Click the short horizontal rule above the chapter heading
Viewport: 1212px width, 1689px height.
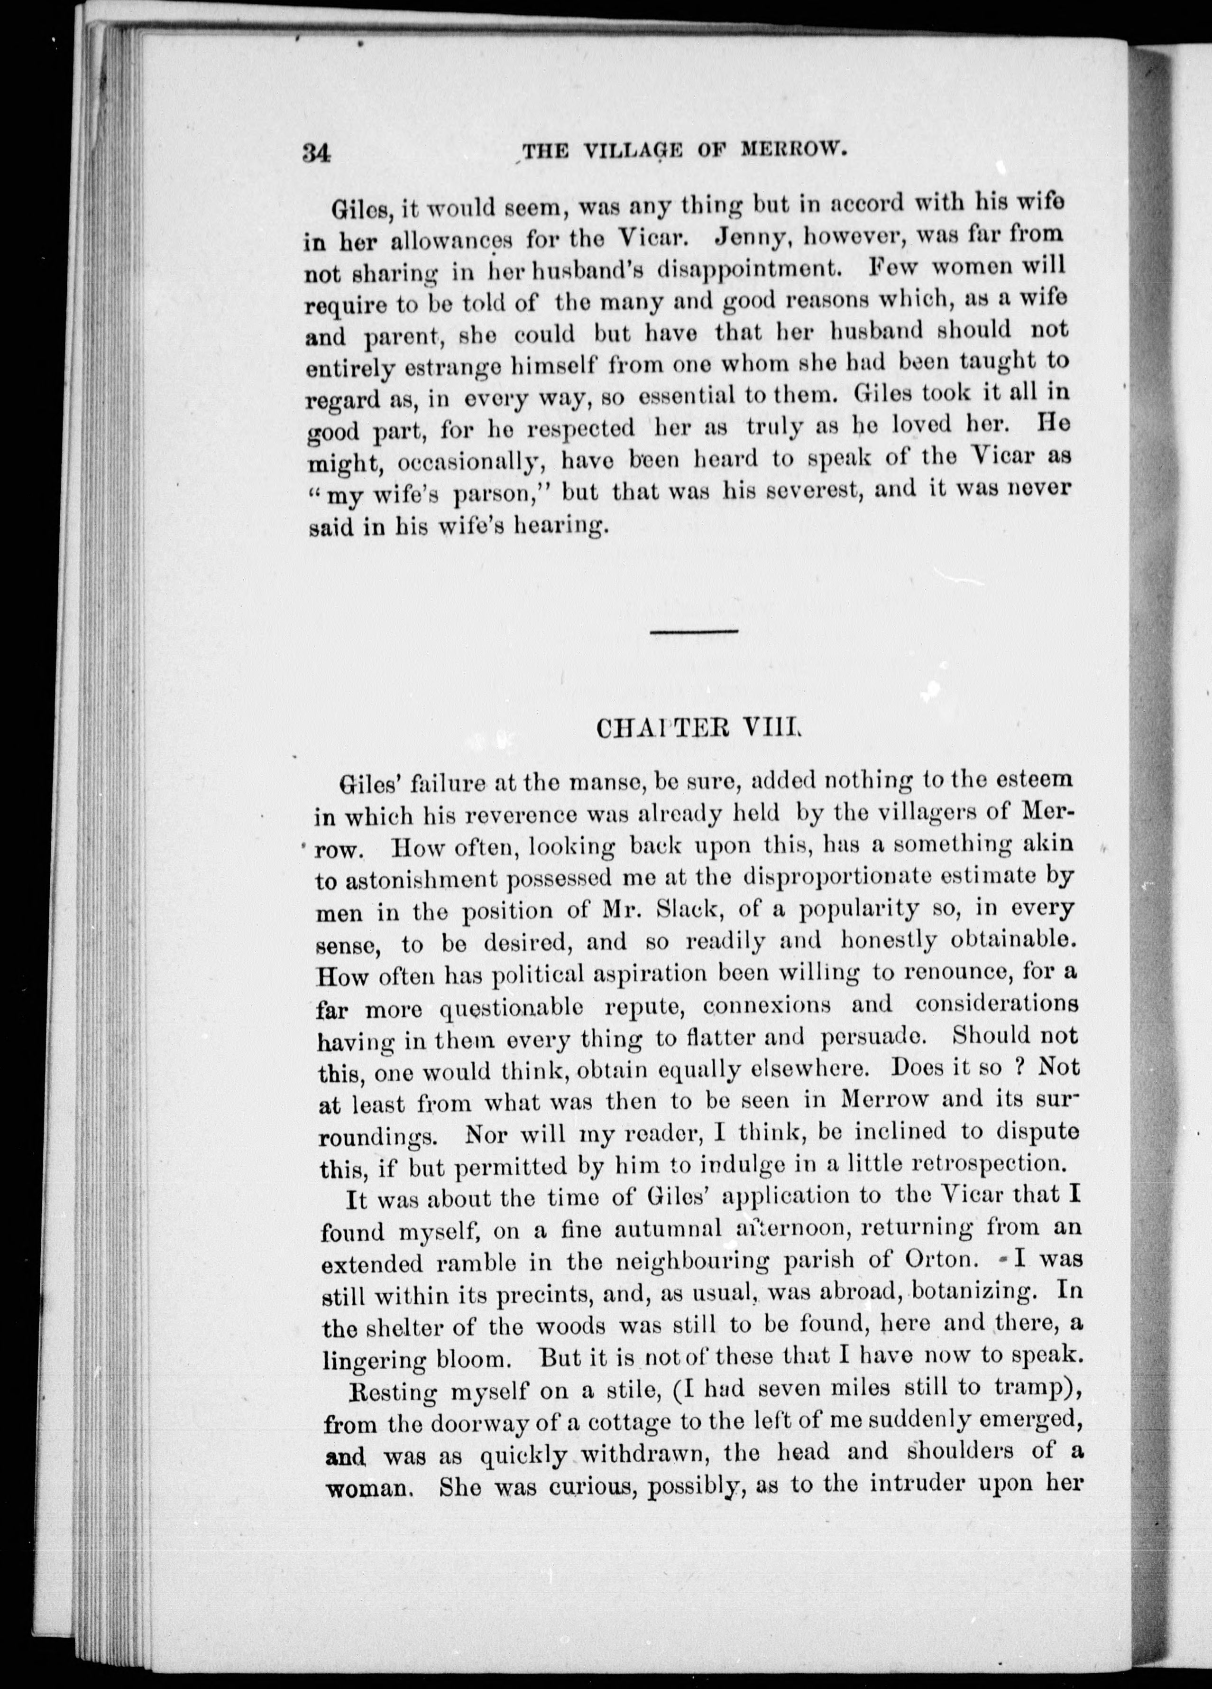click(693, 633)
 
